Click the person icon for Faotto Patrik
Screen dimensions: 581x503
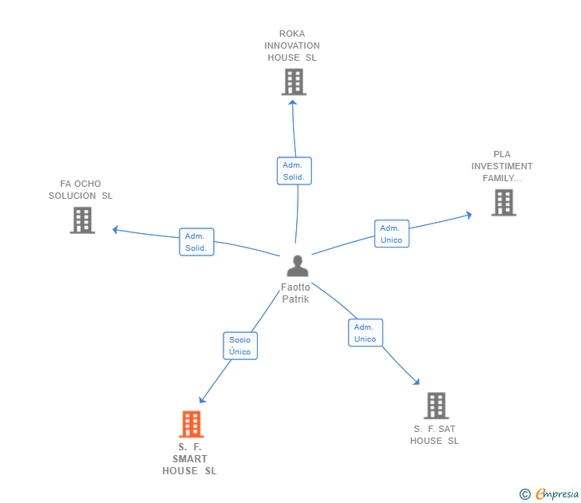coord(298,266)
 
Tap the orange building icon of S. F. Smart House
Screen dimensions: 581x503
coord(192,424)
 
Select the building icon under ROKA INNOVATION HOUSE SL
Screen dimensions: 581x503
coord(294,82)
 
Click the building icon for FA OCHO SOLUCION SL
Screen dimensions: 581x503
coord(83,220)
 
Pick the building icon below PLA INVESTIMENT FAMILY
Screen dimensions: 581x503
coord(504,202)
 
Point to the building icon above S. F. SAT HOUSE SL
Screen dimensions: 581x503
coord(437,406)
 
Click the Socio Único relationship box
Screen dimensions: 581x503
coord(240,346)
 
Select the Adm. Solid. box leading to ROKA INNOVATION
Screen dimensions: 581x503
coord(294,171)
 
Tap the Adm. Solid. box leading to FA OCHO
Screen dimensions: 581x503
coord(196,242)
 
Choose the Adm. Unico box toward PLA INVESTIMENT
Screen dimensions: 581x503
coord(392,233)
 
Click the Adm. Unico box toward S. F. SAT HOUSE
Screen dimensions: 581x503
coord(366,332)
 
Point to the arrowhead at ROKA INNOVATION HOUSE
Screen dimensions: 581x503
coord(293,102)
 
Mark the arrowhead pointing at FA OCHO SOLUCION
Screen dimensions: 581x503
coord(115,230)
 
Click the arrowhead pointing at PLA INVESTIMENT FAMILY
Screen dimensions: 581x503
coord(469,215)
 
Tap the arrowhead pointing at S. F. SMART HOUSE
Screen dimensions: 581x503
coord(202,399)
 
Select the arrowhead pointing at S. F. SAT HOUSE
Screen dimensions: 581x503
coord(417,382)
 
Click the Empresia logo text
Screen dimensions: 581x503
coord(557,493)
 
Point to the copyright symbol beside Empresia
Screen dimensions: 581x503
coord(524,494)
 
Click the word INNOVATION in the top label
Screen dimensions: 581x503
coord(292,46)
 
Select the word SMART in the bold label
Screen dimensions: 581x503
coord(190,459)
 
